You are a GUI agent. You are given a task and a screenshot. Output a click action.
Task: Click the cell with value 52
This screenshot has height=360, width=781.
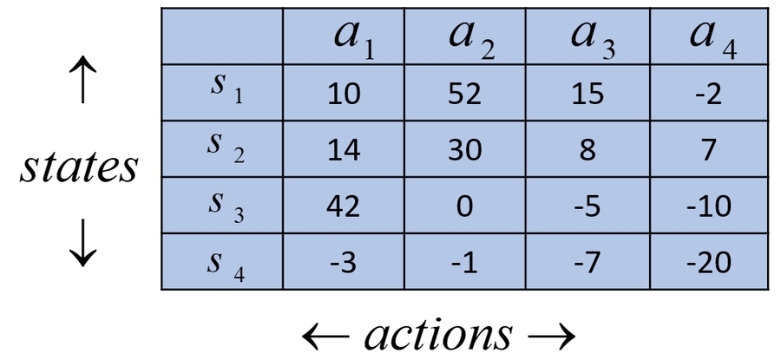tap(465, 93)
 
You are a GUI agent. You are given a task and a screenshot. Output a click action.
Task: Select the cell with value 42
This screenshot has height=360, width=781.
tap(343, 206)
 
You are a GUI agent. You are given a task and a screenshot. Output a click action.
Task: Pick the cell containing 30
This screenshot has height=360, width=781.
tap(465, 149)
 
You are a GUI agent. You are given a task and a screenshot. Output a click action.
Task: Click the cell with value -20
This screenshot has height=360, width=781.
tap(709, 262)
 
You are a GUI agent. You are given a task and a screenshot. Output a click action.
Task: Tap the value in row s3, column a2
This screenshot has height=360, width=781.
tap(464, 206)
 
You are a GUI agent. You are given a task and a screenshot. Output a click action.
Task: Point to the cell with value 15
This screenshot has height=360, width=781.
tap(588, 93)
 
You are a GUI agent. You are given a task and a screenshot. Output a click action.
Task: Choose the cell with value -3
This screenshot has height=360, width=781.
tap(343, 262)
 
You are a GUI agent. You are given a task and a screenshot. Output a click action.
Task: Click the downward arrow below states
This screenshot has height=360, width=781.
tap(82, 243)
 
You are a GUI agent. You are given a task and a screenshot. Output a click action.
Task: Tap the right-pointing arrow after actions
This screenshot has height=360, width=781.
tap(551, 337)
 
